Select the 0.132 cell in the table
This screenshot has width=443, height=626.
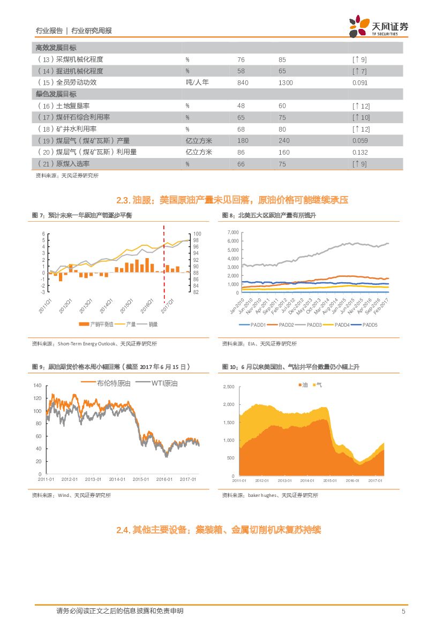click(360, 152)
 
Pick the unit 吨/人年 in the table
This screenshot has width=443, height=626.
click(197, 82)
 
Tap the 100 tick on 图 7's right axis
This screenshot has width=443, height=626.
click(196, 234)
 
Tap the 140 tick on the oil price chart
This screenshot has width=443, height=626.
click(37, 386)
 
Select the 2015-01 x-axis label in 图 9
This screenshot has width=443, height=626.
click(140, 479)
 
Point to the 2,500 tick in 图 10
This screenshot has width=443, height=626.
click(229, 387)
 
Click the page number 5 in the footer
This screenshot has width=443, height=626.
click(403, 611)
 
